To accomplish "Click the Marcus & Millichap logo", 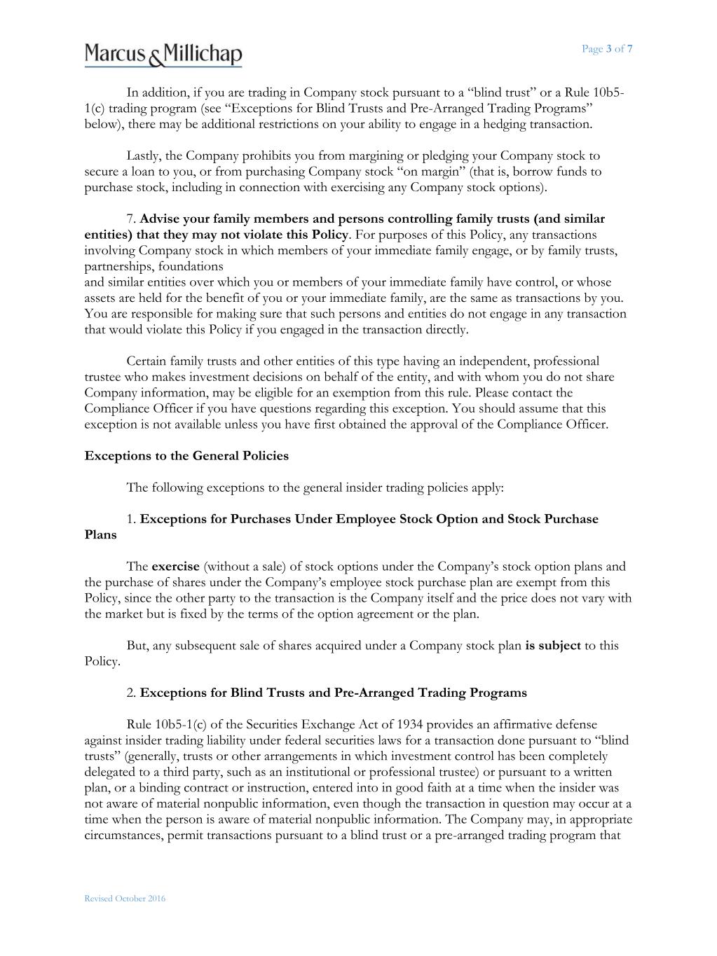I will pos(163,54).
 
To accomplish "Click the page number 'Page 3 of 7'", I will pos(607,48).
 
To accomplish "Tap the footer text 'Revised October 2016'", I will pos(125,899).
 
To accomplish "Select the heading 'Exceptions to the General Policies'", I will pos(186,456).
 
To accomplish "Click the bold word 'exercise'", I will pos(175,567).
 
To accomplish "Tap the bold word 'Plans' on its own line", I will pos(101,535).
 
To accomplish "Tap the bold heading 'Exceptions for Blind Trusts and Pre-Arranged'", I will pos(333,693).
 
